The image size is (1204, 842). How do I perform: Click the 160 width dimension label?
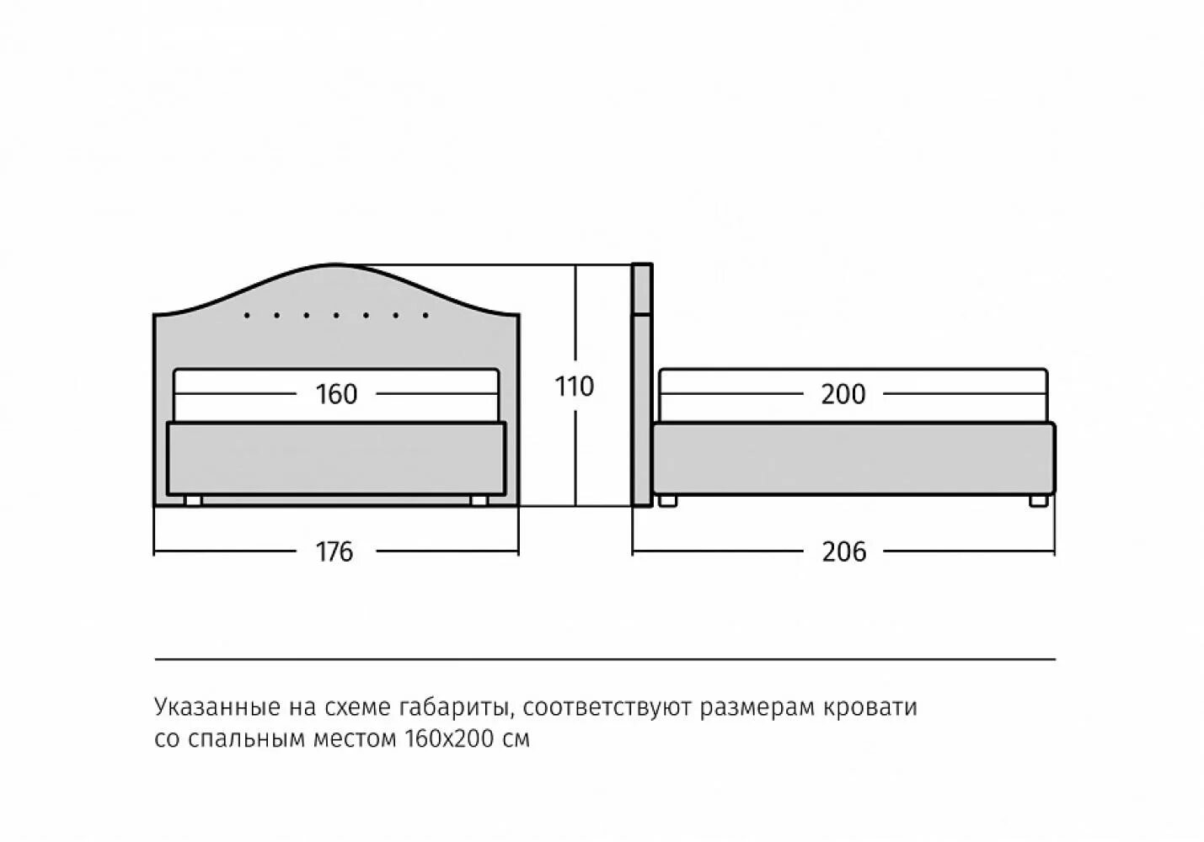[x=336, y=394]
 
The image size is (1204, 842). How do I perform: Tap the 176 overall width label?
[x=334, y=552]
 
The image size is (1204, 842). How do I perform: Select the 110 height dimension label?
[x=575, y=386]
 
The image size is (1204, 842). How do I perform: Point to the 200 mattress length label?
[x=843, y=394]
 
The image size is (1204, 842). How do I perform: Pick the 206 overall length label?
[x=843, y=552]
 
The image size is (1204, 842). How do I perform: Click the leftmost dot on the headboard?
[x=247, y=316]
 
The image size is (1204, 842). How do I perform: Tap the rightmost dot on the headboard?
[x=425, y=316]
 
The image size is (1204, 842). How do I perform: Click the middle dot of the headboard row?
[x=336, y=316]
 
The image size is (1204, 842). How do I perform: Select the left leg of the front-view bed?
[x=193, y=501]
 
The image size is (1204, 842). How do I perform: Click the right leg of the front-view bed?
[x=479, y=501]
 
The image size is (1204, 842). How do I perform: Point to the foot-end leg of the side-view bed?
[x=1038, y=501]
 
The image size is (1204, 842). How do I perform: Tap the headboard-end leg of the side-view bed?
[x=668, y=501]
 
